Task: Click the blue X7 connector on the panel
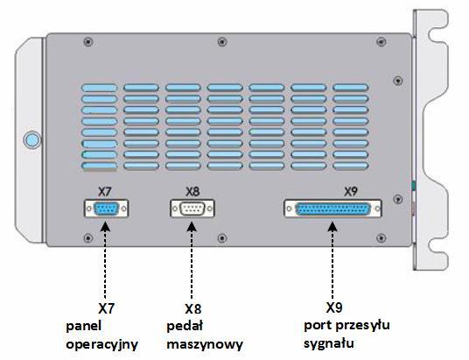[106, 208]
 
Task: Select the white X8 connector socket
[192, 208]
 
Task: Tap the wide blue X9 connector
[332, 208]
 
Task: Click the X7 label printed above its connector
[104, 192]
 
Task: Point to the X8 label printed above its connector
[192, 192]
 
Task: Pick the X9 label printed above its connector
[351, 192]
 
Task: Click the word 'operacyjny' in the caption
[102, 344]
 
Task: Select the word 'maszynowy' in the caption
[205, 344]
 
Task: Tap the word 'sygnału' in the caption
[329, 343]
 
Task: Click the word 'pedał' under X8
[185, 326]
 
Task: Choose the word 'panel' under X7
[83, 326]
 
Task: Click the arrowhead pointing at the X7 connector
[105, 226]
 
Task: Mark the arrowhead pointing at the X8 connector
[192, 226]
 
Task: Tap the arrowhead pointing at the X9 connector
[332, 226]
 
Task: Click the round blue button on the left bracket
[32, 139]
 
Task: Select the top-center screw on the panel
[222, 42]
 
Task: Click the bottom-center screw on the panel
[222, 238]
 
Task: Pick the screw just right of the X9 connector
[397, 199]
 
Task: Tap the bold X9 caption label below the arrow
[334, 307]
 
